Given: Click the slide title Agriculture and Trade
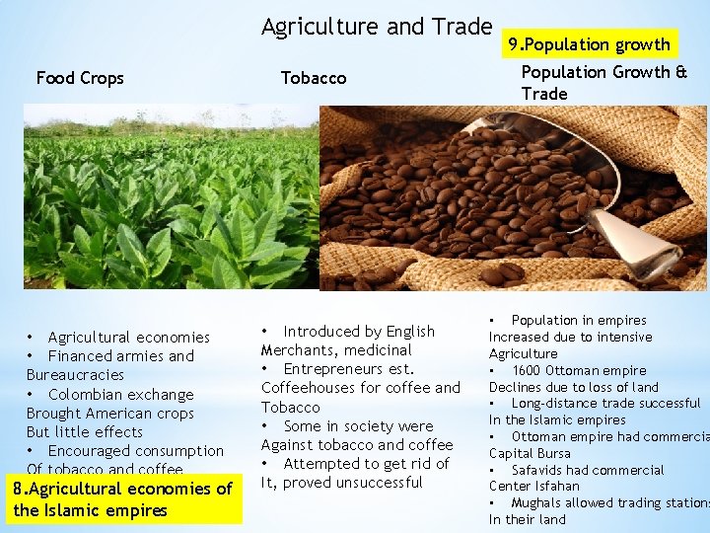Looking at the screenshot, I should [x=376, y=27].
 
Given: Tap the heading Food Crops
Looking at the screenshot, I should [x=80, y=78].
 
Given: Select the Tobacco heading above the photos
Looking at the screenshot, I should [x=314, y=78].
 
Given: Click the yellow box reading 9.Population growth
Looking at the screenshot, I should [x=589, y=44].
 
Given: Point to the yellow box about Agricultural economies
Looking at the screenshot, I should [x=123, y=499].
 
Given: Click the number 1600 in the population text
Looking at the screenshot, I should [x=529, y=370].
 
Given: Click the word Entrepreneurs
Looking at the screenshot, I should [x=336, y=369].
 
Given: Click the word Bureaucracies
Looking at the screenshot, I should [x=75, y=375].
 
